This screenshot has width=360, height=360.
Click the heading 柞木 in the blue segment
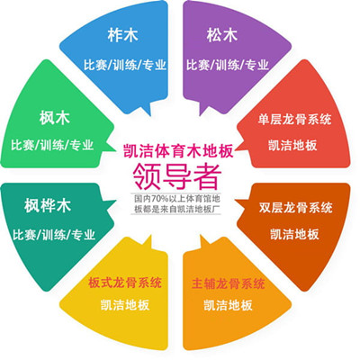[122, 35]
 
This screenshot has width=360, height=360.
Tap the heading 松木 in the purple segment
[222, 35]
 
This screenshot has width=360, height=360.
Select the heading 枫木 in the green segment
[54, 118]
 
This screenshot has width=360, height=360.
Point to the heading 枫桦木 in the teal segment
[48, 206]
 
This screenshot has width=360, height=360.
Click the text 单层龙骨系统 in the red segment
[294, 119]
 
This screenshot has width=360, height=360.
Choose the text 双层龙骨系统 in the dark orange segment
[296, 208]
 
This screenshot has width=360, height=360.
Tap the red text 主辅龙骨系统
[229, 283]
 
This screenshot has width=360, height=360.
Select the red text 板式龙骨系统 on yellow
[125, 283]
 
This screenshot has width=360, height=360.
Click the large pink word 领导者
[177, 176]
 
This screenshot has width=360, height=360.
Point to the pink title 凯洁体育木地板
[178, 151]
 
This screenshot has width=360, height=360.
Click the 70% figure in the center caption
[156, 199]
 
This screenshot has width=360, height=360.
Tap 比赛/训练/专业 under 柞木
[125, 65]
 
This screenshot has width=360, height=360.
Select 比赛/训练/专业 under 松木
[228, 65]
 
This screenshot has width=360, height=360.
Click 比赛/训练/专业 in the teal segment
[54, 234]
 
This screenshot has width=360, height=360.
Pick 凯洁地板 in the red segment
[292, 146]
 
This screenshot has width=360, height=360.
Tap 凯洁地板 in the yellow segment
[125, 305]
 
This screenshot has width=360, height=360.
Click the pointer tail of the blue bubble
[146, 109]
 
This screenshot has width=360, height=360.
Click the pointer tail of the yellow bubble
[147, 242]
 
